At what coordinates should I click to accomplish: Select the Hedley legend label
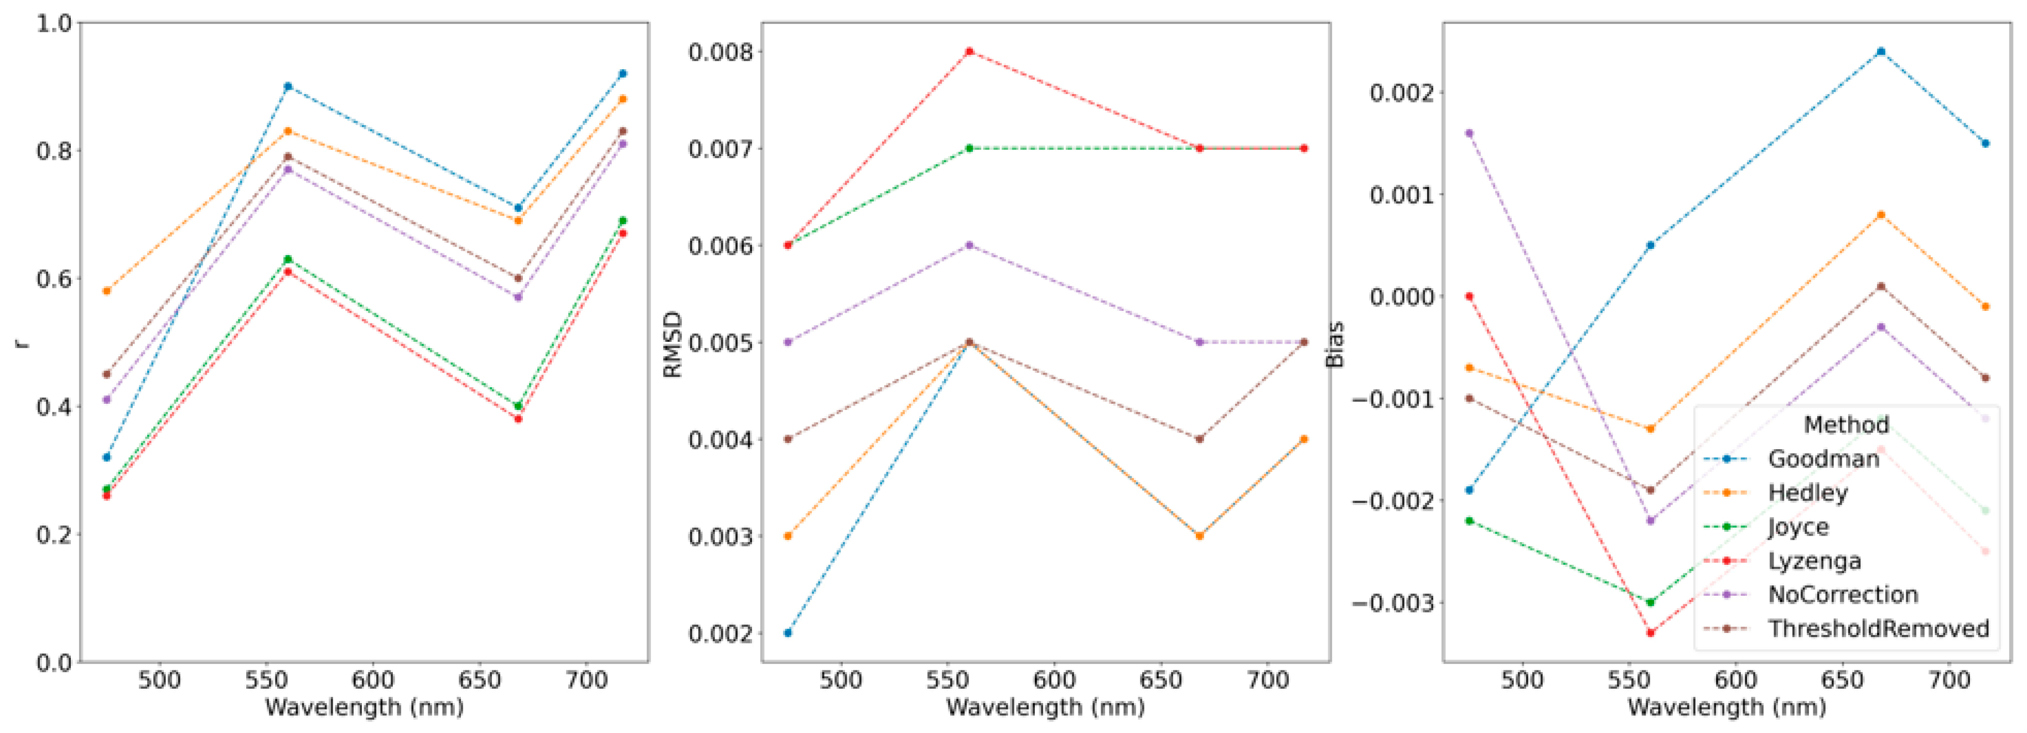(x=1807, y=493)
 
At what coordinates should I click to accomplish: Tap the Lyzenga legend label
(x=1815, y=561)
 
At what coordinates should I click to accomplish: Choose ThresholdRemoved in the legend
(x=1878, y=628)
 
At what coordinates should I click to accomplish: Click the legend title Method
(x=1846, y=425)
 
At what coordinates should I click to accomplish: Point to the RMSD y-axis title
(x=673, y=344)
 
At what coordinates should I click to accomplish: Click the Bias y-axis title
(x=1335, y=344)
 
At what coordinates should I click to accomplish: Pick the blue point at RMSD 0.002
(x=787, y=633)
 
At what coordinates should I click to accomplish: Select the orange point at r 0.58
(x=106, y=291)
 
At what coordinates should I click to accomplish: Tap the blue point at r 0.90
(x=288, y=86)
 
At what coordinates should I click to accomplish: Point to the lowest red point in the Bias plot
(x=1651, y=632)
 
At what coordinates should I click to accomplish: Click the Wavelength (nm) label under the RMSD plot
(x=1045, y=707)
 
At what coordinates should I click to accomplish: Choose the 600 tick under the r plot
(x=372, y=679)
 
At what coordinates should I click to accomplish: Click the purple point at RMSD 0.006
(x=970, y=246)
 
